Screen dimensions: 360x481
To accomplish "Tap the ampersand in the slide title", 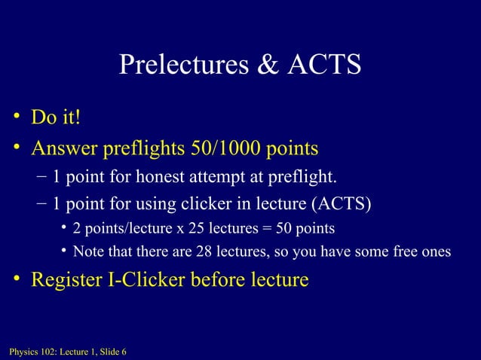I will (268, 66).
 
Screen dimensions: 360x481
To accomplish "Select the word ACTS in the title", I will (323, 66).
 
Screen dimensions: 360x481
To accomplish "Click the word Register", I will (66, 280).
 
